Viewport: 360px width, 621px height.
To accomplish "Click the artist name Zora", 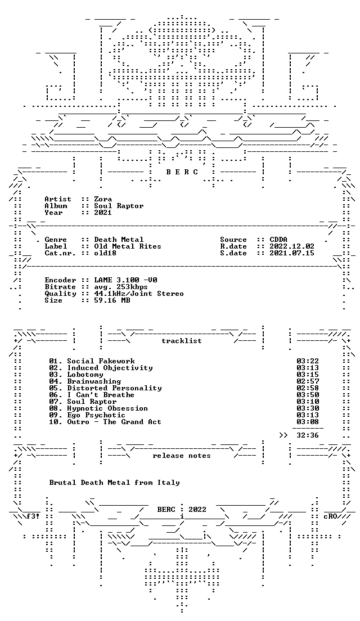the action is pos(103,199).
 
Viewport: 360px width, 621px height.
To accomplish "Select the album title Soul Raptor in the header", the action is pos(119,206).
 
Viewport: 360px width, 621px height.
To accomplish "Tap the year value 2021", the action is pos(103,213).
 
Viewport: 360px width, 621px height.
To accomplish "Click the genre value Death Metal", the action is pos(119,240).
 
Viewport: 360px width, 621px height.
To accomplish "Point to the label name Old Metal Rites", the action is pos(128,246).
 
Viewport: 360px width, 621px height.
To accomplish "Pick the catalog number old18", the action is pos(105,253).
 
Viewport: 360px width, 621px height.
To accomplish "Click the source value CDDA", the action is pos(278,240).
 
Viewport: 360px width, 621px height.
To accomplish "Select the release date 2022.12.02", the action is pos(292,246).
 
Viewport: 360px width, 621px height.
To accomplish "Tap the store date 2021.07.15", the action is pos(292,253).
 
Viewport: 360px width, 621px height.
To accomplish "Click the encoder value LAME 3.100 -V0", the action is pos(125,280).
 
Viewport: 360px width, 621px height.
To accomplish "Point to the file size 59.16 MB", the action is pos(112,300).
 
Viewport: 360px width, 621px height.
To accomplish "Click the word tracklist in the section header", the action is pos(182,341).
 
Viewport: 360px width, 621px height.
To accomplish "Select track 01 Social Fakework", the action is pos(92,361).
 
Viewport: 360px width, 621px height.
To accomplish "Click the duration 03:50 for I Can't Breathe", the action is pos(308,395).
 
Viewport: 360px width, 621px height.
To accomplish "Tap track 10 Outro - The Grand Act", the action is pos(105,422).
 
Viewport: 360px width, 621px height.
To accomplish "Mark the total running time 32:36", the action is pos(308,435).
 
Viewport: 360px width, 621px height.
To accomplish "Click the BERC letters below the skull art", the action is pos(182,172).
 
